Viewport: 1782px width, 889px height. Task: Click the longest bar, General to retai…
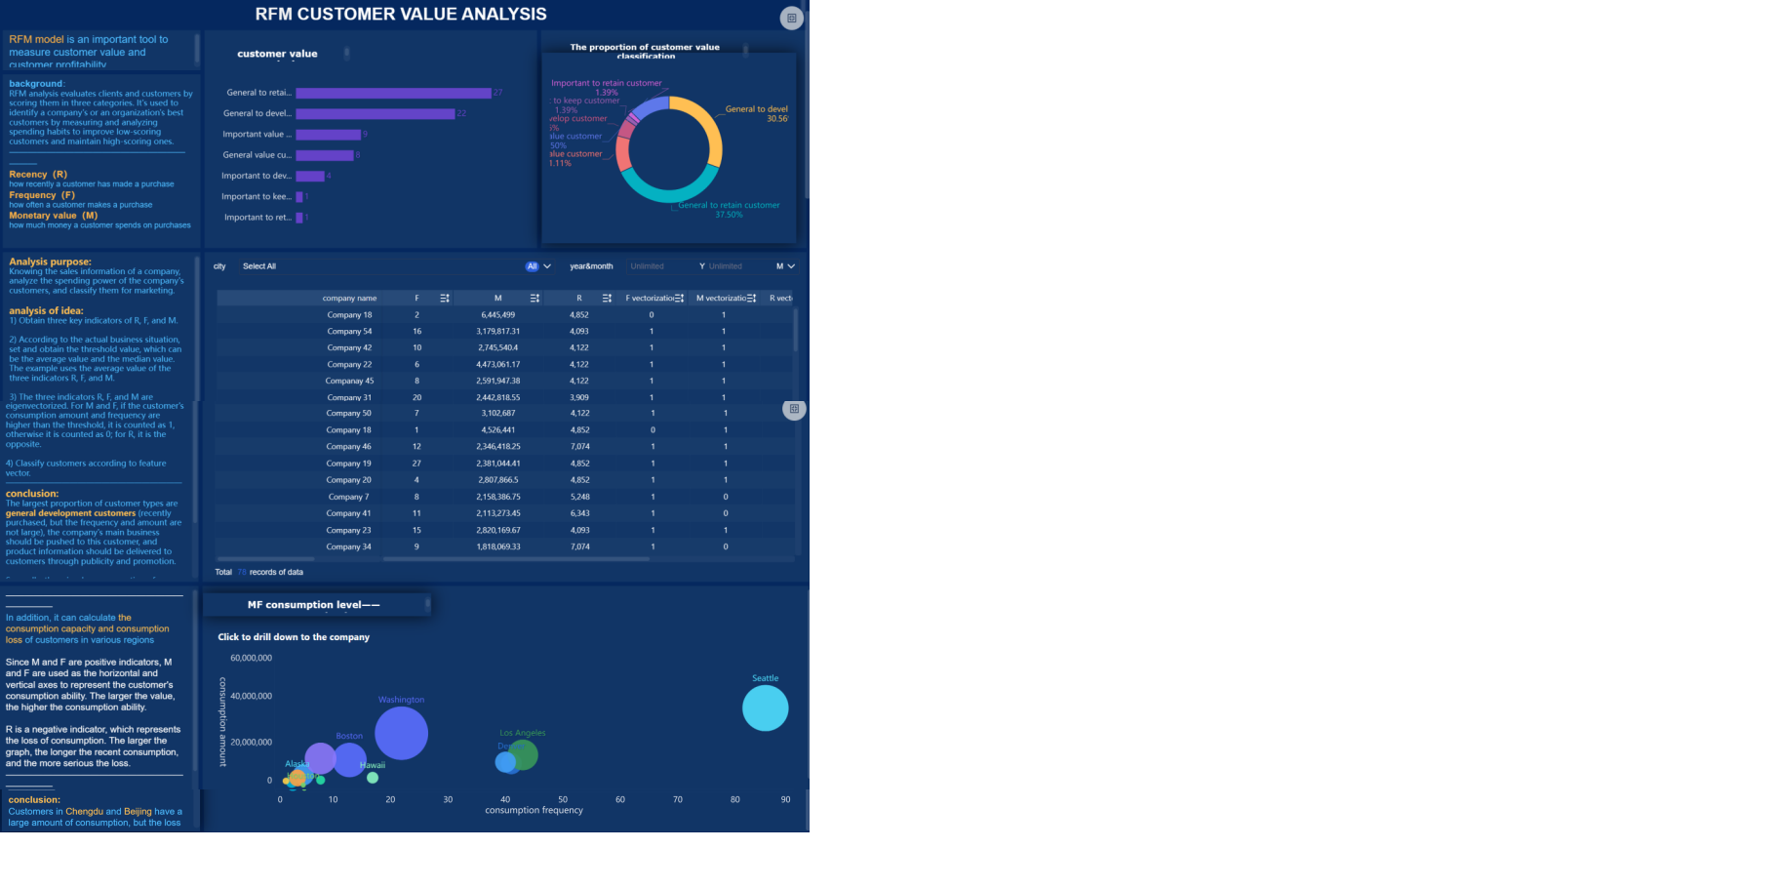point(393,93)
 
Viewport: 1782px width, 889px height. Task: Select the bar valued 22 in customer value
point(376,114)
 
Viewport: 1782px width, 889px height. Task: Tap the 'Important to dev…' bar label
point(257,177)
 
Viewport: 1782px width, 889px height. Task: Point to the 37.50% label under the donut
point(729,215)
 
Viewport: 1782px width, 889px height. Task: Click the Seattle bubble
point(765,708)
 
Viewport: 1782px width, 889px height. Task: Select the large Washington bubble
point(401,733)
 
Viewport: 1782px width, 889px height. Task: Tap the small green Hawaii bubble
point(373,778)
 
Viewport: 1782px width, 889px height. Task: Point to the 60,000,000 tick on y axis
point(251,659)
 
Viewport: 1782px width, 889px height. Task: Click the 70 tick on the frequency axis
point(678,800)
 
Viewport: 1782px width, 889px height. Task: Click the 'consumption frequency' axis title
point(534,811)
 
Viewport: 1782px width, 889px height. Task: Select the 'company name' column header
point(349,299)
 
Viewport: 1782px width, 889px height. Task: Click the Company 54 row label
point(349,332)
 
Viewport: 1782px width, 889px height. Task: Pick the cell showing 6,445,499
point(497,315)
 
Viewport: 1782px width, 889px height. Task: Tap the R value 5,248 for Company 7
point(579,497)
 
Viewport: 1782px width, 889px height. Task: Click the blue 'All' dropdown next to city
point(533,266)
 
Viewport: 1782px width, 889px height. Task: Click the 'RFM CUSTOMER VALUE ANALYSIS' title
point(401,15)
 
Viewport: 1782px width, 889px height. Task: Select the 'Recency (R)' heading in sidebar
point(38,175)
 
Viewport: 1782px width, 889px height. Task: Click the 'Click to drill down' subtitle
point(294,637)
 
